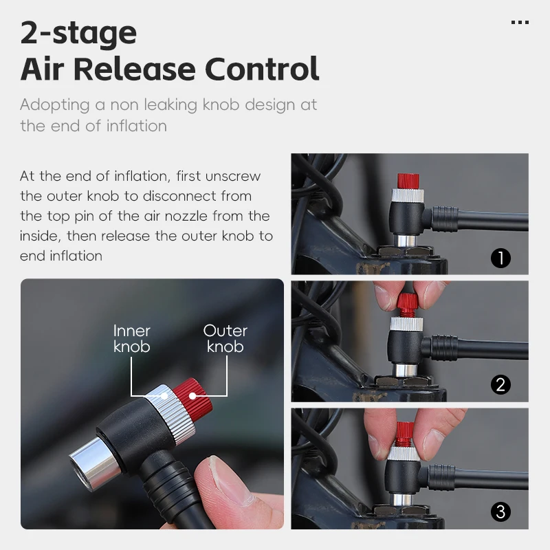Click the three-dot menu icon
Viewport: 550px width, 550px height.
point(520,23)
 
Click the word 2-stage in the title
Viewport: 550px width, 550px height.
point(78,32)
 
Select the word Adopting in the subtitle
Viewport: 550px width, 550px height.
point(55,106)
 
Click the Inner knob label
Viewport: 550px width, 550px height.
point(131,338)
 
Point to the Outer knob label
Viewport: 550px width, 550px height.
point(225,338)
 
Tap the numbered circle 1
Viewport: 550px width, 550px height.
point(500,258)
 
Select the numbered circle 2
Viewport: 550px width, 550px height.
point(500,384)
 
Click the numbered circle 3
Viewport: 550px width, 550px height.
point(500,511)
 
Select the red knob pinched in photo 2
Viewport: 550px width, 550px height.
point(406,301)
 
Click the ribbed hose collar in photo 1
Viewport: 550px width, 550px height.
point(443,217)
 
